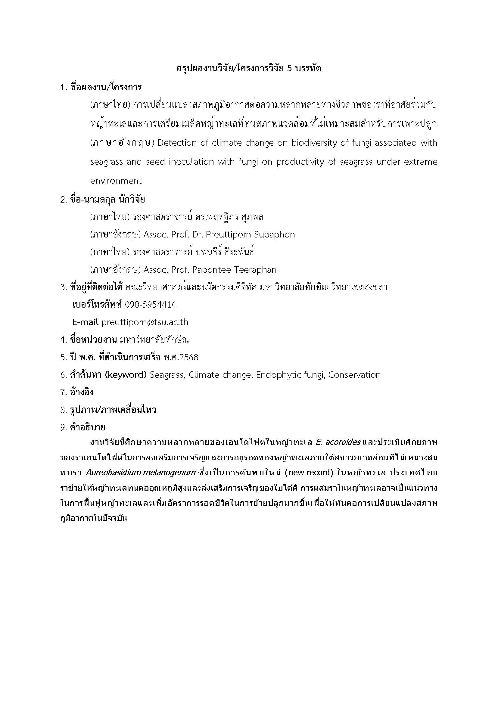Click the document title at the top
point(249,68)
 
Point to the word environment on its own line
point(116,181)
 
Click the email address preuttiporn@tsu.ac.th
point(145,322)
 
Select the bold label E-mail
point(85,322)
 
